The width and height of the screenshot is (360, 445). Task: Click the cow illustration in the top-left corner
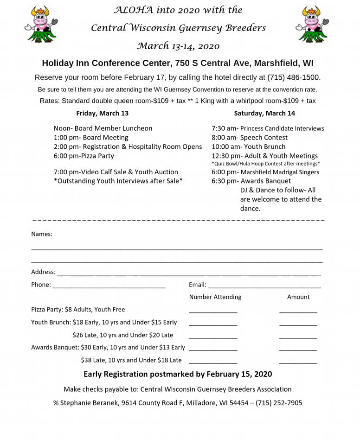pos(40,24)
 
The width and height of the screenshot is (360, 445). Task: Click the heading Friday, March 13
pos(103,113)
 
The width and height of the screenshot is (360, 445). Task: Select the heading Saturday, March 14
pos(264,113)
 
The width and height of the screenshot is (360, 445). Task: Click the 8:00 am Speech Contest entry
pos(250,137)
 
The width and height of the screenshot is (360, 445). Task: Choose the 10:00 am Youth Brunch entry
pos(249,146)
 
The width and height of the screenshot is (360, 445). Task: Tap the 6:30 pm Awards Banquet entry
pos(251,181)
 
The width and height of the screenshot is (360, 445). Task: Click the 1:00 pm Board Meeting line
pos(91,137)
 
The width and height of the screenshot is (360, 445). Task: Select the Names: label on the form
pos(42,234)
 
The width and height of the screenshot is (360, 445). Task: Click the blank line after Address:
pos(189,274)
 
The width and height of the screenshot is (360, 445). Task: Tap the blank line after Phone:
pos(109,287)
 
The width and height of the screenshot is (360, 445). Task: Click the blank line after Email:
pos(264,287)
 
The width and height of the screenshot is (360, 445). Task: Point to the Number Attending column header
pos(215,297)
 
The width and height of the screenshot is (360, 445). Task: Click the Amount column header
pos(298,297)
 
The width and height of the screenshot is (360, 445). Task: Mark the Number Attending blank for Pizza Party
pos(213,312)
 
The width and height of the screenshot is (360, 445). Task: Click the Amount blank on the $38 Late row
pos(298,362)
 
